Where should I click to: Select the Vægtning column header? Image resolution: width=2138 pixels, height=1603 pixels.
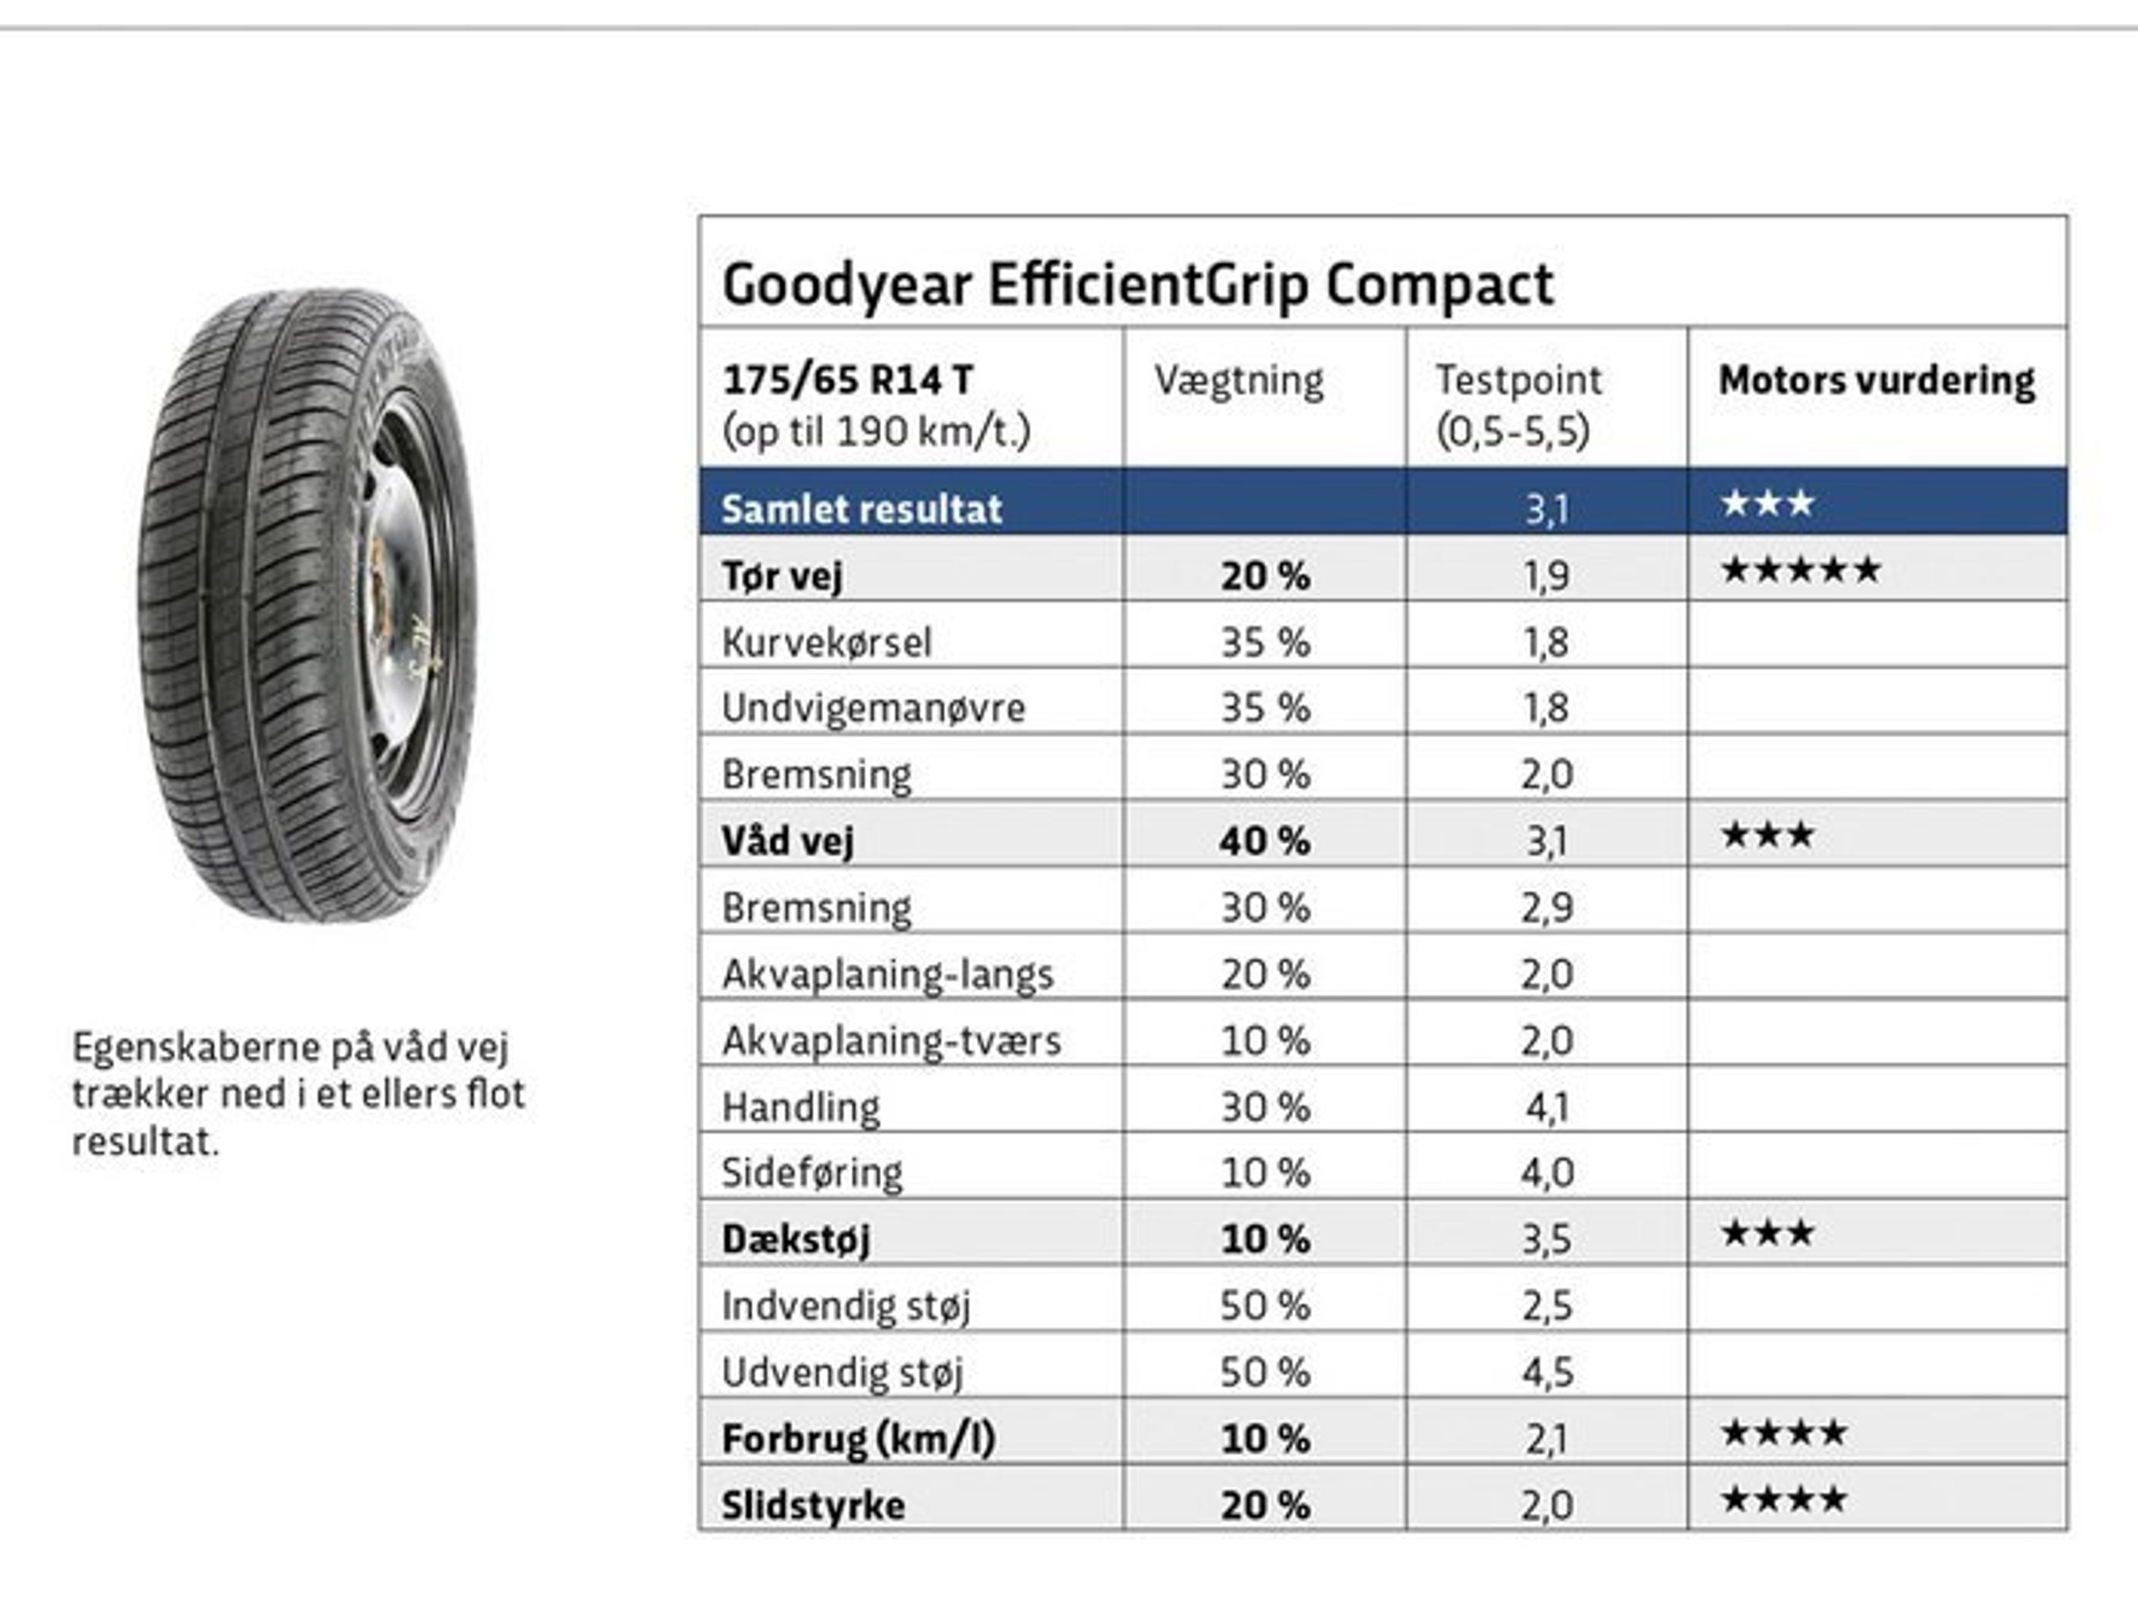1238,381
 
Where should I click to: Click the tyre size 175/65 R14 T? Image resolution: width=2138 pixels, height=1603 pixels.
847,381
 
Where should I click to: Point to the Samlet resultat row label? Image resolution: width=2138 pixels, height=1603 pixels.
861,509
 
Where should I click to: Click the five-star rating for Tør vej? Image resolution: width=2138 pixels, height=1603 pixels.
1801,570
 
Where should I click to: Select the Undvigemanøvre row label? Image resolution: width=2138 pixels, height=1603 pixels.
873,708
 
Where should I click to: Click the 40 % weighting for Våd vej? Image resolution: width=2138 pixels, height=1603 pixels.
1264,840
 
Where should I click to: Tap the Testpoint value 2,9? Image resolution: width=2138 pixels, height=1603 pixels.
1546,907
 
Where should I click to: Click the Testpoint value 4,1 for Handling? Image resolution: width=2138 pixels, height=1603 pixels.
1546,1108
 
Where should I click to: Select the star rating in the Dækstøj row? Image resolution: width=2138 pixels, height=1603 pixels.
1767,1234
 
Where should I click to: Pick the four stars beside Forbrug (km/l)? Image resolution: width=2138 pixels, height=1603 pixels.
1784,1433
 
